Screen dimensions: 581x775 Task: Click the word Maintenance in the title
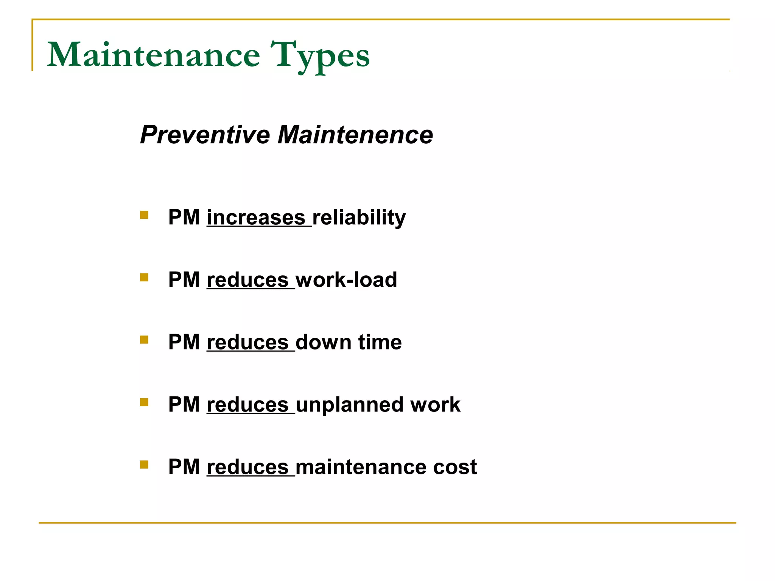(x=154, y=56)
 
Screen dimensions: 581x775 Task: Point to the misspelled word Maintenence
(x=355, y=135)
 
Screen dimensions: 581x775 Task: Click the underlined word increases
(x=256, y=218)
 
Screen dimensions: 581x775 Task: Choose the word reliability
(x=359, y=218)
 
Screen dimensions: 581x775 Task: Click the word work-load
(x=346, y=280)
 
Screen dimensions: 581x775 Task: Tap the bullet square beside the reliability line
(x=144, y=215)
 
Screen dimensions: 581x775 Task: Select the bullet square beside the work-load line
(x=144, y=278)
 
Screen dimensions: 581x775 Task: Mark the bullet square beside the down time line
(x=144, y=340)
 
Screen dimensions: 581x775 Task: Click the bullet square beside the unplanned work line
(x=144, y=402)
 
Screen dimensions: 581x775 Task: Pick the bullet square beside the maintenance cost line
(x=144, y=464)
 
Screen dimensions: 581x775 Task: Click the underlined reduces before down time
(x=248, y=342)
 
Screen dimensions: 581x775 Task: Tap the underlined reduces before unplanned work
(x=248, y=405)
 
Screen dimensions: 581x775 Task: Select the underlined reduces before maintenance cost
(x=248, y=467)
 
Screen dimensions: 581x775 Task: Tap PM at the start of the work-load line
(x=184, y=280)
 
